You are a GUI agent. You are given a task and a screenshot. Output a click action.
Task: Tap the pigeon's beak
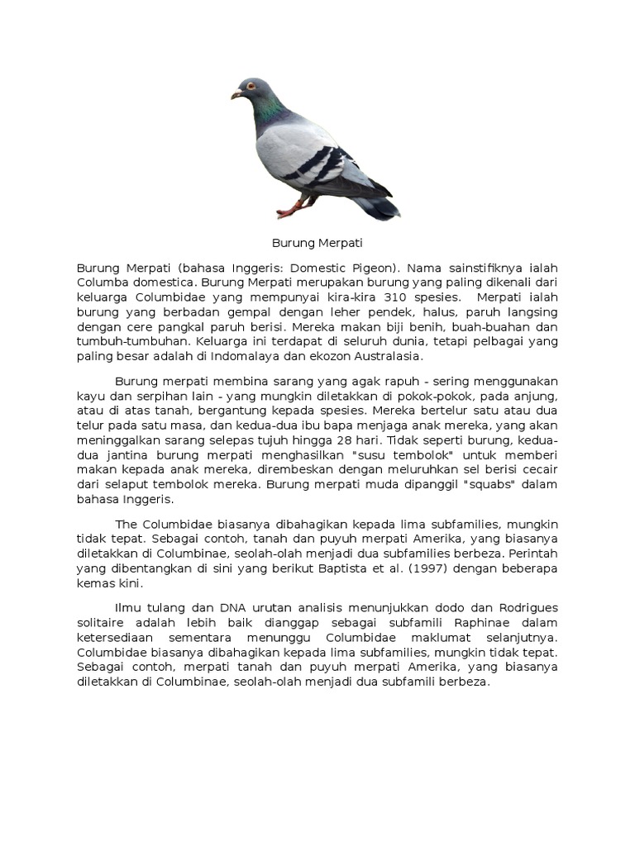[236, 95]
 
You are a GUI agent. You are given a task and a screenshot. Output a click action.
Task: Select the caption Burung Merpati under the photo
[317, 244]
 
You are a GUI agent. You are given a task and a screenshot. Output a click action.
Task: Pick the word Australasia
[386, 357]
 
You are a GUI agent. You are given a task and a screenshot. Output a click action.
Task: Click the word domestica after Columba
[160, 282]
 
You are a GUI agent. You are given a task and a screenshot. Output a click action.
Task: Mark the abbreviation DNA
[210, 608]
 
